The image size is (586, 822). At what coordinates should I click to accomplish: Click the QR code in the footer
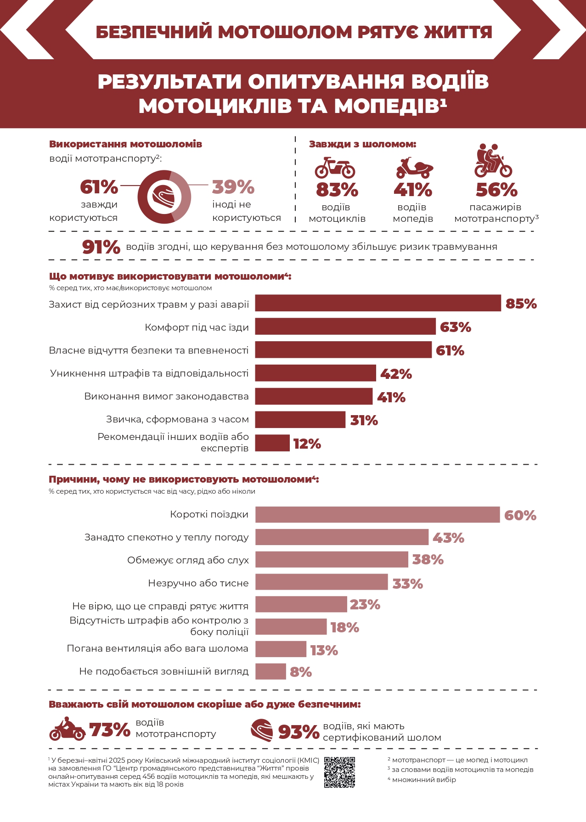(339, 772)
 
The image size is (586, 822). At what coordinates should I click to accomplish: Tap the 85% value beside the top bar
(521, 304)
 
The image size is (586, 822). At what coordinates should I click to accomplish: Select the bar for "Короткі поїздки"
(377, 515)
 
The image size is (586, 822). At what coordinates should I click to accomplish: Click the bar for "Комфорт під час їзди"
(345, 327)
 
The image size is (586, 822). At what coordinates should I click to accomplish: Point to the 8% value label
(301, 672)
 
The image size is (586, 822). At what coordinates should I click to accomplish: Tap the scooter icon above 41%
(414, 168)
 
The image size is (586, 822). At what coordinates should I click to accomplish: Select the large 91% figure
(101, 247)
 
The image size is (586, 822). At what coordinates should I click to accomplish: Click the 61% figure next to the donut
(99, 187)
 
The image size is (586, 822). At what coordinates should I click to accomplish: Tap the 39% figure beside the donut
(233, 187)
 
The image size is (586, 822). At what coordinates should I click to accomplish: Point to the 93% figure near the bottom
(299, 732)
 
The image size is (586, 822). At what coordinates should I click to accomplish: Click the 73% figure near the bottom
(109, 729)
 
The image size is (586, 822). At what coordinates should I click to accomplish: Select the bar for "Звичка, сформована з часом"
(300, 420)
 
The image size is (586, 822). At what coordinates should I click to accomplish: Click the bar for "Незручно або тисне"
(321, 582)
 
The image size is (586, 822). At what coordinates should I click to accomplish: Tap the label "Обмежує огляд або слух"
(188, 560)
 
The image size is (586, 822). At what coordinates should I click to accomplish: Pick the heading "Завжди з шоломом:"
(362, 144)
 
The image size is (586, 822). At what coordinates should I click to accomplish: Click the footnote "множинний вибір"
(423, 779)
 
